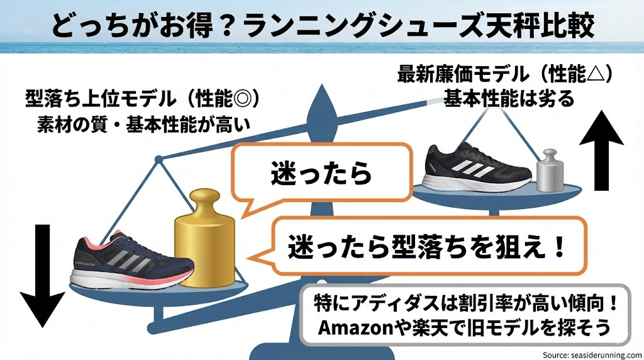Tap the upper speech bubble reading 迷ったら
pos(321,174)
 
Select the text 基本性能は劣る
pos(509,98)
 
